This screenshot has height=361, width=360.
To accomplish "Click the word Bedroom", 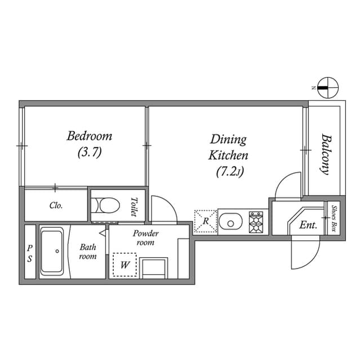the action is coord(90,136).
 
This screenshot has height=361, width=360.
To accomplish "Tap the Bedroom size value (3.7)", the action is coord(90,152).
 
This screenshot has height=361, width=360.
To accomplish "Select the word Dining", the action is coord(228,140).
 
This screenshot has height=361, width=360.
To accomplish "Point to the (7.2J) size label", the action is coord(230,171).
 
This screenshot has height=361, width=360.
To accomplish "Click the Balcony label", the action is coord(326,155).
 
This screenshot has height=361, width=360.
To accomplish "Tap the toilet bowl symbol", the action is coord(105,205).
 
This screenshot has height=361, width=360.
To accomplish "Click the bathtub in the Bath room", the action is coord(52,251).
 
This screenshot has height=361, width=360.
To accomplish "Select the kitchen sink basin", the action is coord(230,222).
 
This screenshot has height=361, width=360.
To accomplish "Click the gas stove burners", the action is coord(256,222).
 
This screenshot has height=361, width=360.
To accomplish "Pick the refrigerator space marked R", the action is coord(206,221).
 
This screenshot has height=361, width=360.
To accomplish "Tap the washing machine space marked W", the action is coord(125,265).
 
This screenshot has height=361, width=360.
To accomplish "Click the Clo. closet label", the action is coord(56,205).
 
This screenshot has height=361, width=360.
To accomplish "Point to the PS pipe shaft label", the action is coord(30,253).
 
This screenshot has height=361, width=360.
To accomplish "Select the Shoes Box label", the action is coord(334,219).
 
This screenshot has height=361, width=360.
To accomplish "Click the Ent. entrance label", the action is coord(308,225).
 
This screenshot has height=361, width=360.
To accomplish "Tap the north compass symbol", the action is coord(328,88).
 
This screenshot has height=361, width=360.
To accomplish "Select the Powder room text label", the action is coord(145,238).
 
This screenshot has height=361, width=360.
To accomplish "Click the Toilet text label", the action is coord(134,207).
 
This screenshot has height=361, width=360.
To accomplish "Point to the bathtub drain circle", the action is coord(57,251).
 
